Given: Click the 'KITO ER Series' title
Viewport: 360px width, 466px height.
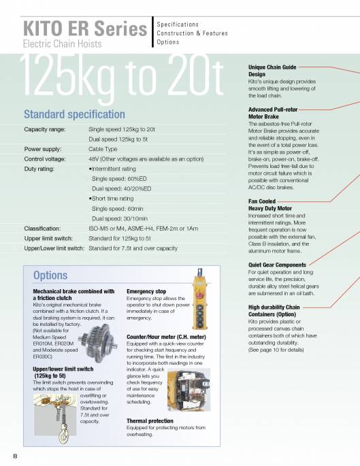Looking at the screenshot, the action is (x=85, y=29).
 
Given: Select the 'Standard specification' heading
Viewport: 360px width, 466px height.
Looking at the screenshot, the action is (x=74, y=114).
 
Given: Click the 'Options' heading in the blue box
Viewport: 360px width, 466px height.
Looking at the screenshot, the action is (x=50, y=276).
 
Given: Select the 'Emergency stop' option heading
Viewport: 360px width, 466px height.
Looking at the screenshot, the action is (x=146, y=292).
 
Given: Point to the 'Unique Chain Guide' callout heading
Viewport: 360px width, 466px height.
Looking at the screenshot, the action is (x=271, y=68).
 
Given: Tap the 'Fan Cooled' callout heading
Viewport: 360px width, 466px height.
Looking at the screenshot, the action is (x=265, y=201).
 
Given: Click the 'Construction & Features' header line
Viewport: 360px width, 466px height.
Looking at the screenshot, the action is (x=194, y=33).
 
